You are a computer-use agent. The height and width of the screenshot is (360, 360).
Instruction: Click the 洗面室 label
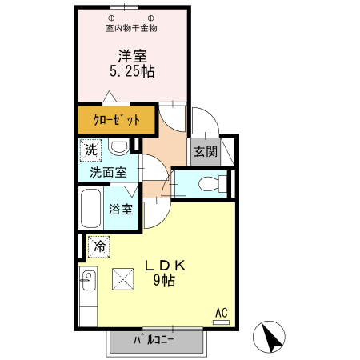[107, 171]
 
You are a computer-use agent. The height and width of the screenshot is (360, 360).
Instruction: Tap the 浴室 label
[122, 210]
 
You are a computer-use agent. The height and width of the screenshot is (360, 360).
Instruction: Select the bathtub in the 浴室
[90, 209]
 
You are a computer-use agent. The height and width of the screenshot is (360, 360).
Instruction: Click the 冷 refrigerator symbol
[99, 247]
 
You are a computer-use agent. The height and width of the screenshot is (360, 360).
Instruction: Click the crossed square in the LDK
[125, 278]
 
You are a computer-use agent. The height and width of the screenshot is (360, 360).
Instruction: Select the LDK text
[165, 266]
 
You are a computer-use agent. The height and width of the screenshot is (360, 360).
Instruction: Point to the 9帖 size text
[165, 281]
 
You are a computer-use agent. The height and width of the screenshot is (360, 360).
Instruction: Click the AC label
[222, 312]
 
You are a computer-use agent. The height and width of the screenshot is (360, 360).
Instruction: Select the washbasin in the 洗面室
[119, 148]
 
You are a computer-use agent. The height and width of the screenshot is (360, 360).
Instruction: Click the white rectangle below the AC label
[221, 322]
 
